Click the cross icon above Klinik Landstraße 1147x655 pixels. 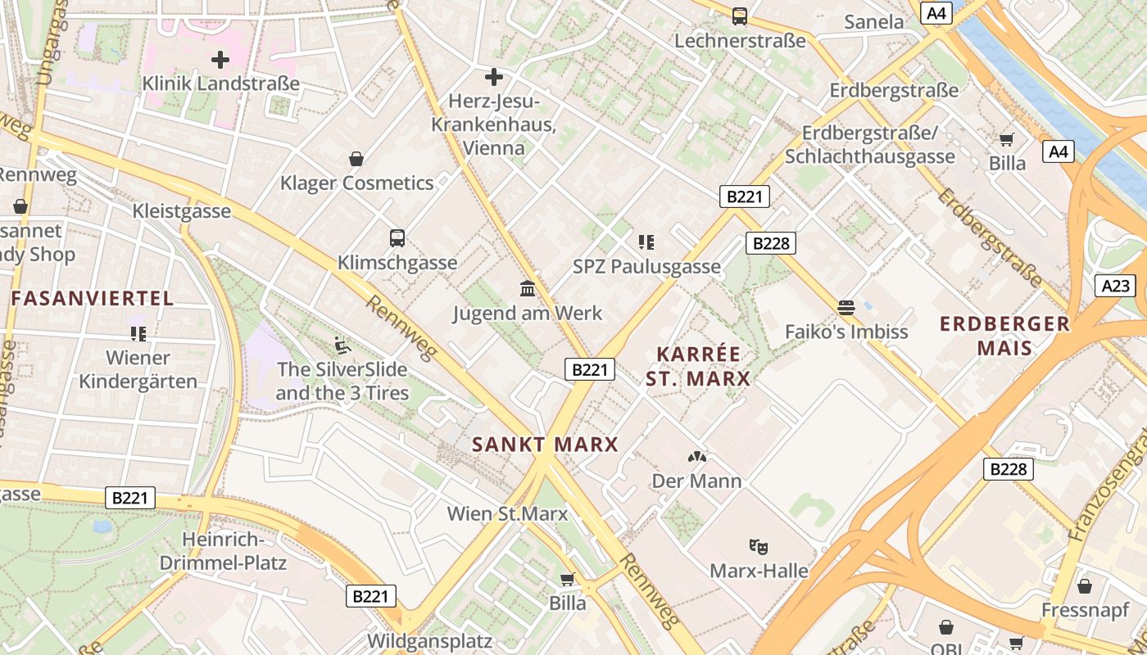click(x=220, y=60)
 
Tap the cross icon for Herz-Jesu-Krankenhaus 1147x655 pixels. click(x=493, y=77)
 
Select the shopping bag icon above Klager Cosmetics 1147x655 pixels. click(x=356, y=158)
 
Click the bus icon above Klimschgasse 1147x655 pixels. click(x=397, y=238)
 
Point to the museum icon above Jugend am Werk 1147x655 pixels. click(x=528, y=289)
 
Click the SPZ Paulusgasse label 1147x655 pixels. click(x=646, y=266)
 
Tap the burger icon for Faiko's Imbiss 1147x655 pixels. click(x=846, y=308)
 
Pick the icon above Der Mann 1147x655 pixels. click(x=697, y=457)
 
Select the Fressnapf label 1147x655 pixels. click(x=1085, y=610)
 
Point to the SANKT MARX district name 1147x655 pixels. click(x=545, y=445)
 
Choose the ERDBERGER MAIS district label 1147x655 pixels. click(x=1004, y=336)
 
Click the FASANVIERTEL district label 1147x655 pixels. click(x=93, y=298)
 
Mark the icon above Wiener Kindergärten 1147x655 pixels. click(x=138, y=333)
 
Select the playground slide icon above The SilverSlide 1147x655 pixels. click(x=342, y=346)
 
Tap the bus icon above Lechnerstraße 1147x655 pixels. click(x=739, y=16)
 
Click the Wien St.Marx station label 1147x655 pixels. click(x=507, y=514)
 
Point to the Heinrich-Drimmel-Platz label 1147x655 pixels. click(x=223, y=551)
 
